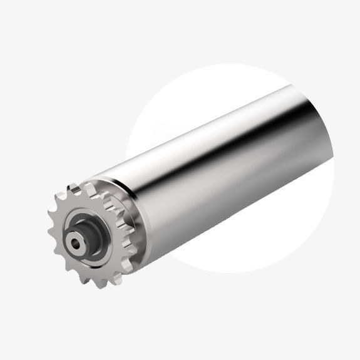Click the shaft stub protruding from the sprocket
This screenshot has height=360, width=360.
[78, 240]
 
